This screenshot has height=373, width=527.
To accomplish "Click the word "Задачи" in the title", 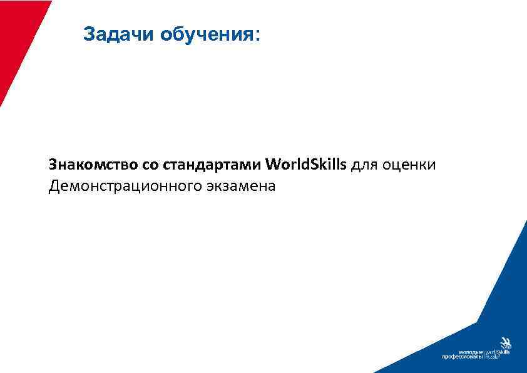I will tap(118, 34).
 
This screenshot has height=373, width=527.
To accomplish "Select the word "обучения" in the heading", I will tap(205, 34).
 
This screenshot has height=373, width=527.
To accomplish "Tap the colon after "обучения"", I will tap(254, 35).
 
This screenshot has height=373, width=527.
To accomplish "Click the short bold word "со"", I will tap(148, 166).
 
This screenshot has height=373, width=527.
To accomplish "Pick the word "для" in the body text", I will tap(364, 166).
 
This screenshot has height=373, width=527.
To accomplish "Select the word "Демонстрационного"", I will tap(124, 186).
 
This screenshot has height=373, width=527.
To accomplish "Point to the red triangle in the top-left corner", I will tap(19, 38).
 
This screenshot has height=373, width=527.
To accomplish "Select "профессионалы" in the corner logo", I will tap(463, 357).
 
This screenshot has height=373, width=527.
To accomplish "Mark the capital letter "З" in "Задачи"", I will tap(88, 34).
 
